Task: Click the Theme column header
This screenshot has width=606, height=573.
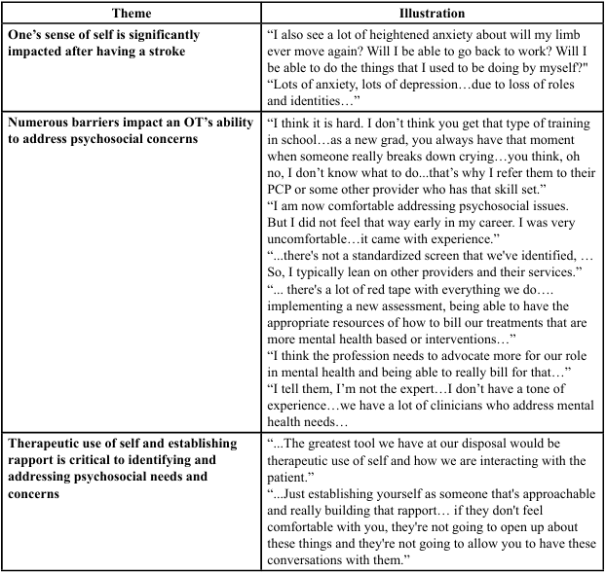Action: pyautogui.click(x=132, y=14)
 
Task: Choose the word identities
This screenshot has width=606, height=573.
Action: pyautogui.click(x=321, y=100)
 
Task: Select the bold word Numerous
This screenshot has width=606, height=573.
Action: pyautogui.click(x=41, y=123)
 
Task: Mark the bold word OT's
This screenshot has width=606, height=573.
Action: pyautogui.click(x=192, y=123)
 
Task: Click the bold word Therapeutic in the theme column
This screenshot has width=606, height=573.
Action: pyautogui.click(x=46, y=443)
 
